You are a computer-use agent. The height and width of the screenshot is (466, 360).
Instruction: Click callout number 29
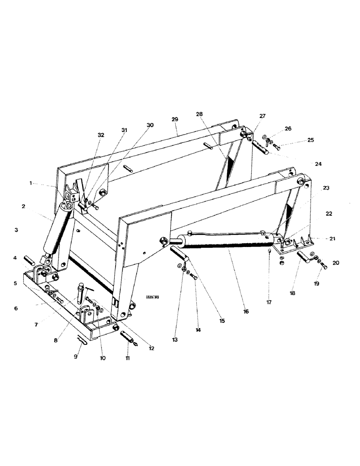(x=175, y=120)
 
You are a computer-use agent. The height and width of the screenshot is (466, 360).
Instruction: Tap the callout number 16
(x=246, y=311)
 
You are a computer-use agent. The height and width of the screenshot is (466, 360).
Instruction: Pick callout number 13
(x=174, y=340)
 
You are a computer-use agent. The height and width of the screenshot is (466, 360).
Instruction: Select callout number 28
(x=200, y=114)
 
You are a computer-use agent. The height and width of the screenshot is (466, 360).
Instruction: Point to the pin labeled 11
(x=127, y=336)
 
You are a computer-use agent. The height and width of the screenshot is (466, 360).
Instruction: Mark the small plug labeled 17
(x=270, y=252)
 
